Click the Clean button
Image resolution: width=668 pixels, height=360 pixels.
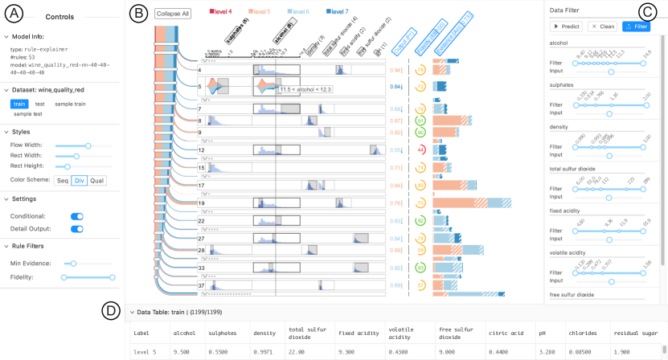click(603, 27)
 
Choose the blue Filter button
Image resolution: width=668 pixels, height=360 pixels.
click(636, 27)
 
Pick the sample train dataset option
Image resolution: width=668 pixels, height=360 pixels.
click(70, 104)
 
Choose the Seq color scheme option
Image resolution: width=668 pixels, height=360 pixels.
click(62, 181)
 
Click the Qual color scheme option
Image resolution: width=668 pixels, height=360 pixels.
click(96, 181)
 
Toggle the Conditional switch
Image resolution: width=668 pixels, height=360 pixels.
click(77, 216)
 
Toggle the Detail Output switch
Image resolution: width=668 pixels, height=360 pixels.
click(77, 229)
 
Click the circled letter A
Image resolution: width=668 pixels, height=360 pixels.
click(14, 14)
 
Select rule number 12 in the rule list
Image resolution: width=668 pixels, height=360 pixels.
click(203, 150)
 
